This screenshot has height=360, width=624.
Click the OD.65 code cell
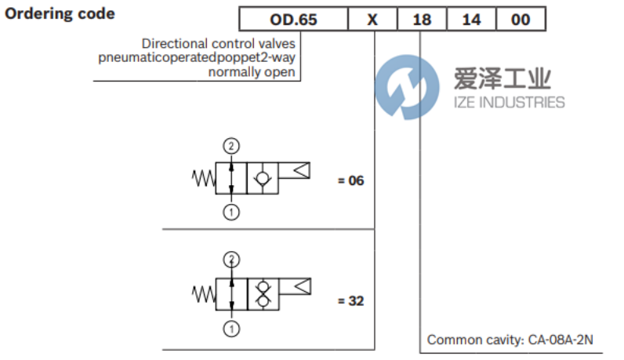[x=294, y=20]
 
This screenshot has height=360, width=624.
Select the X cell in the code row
[x=372, y=20]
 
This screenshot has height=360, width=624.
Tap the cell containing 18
[x=422, y=20]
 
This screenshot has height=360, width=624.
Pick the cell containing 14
[x=471, y=20]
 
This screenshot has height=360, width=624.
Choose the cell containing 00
[x=521, y=20]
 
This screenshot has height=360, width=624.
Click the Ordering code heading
[x=60, y=14]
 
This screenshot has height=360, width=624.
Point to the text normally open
[x=252, y=72]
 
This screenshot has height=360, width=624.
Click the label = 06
[x=350, y=180]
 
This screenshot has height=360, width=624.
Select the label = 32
[x=350, y=300]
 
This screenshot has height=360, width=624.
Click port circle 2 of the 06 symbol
[x=231, y=146]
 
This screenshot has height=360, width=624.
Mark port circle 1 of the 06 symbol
[x=231, y=212]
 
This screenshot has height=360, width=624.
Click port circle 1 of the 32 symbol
[x=231, y=328]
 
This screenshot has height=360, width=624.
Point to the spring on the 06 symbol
[x=202, y=179]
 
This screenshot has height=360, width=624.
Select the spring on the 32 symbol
[x=202, y=293]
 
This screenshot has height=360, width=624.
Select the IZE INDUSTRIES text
[x=510, y=102]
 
